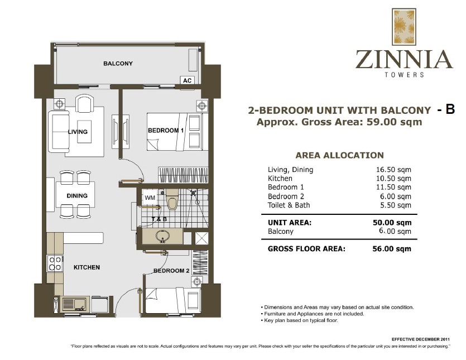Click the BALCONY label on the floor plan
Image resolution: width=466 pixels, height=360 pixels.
click(x=118, y=64)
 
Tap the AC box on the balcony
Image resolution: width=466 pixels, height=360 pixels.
click(x=188, y=80)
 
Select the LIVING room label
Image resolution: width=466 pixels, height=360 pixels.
click(x=78, y=132)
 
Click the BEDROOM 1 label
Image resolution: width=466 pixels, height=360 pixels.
click(x=166, y=131)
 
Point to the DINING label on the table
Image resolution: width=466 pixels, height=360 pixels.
click(x=77, y=196)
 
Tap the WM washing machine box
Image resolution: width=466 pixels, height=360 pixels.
click(x=150, y=198)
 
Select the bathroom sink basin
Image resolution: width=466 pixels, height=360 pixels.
click(x=162, y=237)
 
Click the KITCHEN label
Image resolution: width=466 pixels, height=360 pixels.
click(x=87, y=267)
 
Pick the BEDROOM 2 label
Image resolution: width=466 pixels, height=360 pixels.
click(x=172, y=271)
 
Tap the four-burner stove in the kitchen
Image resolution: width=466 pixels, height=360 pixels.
click(x=55, y=263)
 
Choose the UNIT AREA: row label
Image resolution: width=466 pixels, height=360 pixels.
click(x=290, y=222)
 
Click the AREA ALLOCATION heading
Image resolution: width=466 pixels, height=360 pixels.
click(x=339, y=156)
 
